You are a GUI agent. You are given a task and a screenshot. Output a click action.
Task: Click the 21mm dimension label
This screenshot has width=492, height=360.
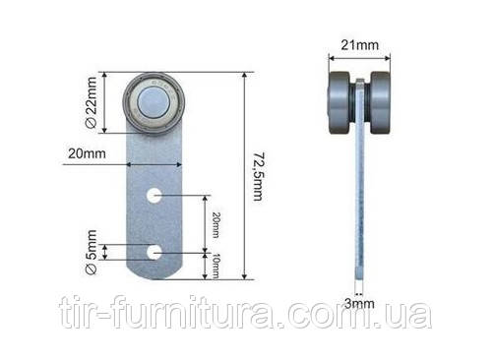tap(360, 45)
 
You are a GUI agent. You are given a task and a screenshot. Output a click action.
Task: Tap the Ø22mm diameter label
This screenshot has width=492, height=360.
tap(91, 102)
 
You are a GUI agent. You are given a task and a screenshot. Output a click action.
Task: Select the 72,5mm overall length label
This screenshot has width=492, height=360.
tap(258, 176)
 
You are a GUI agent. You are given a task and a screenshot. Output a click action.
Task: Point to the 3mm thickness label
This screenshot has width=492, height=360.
tap(359, 304)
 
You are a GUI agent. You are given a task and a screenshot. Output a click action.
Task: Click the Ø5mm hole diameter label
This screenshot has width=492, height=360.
tap(91, 252)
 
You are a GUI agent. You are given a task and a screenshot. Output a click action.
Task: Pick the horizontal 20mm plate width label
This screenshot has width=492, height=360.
tap(87, 153)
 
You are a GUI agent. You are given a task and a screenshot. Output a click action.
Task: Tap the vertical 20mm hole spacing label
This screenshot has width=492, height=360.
tap(215, 225)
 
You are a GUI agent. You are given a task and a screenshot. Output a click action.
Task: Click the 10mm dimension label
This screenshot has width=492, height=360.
tap(215, 266)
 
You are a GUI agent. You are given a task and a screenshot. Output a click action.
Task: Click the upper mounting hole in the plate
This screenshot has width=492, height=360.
tap(154, 196)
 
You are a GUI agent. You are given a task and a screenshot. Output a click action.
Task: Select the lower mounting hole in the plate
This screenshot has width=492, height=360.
tap(154, 253)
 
